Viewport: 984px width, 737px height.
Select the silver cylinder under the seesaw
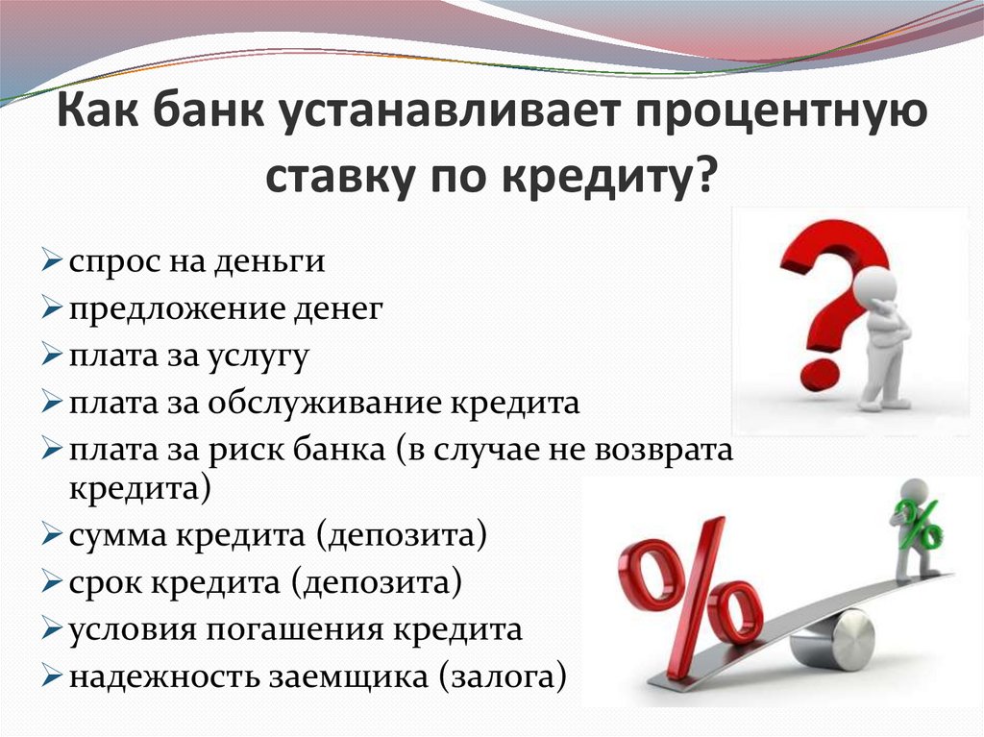point(833,639)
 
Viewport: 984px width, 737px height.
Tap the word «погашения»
point(290,630)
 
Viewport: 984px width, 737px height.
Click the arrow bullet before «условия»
point(52,630)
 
